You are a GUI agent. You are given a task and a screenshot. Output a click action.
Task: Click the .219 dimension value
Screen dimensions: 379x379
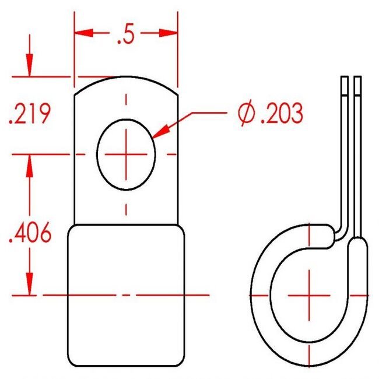(30, 113)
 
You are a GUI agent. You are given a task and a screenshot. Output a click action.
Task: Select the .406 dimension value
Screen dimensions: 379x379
(30, 232)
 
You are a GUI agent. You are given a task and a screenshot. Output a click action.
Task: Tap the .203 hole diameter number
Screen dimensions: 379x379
(282, 113)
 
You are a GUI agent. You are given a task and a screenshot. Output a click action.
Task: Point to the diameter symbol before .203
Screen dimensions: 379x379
(247, 113)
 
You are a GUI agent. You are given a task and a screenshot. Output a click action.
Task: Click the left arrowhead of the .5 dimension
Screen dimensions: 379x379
(84, 33)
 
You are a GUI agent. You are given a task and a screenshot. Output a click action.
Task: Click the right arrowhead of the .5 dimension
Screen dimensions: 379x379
(169, 33)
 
